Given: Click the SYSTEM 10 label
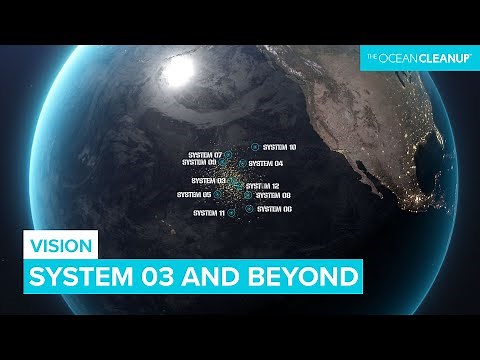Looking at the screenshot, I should click(x=279, y=147).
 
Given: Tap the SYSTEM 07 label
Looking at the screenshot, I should click(x=204, y=154).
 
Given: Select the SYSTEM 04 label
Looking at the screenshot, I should click(x=266, y=162).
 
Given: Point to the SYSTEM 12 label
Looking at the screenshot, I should click(x=263, y=185).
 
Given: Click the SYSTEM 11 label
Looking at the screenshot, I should click(x=208, y=213).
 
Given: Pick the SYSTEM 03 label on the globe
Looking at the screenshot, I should click(x=207, y=180).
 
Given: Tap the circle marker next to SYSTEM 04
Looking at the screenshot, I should click(x=242, y=162).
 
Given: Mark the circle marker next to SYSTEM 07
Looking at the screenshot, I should click(x=229, y=154).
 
